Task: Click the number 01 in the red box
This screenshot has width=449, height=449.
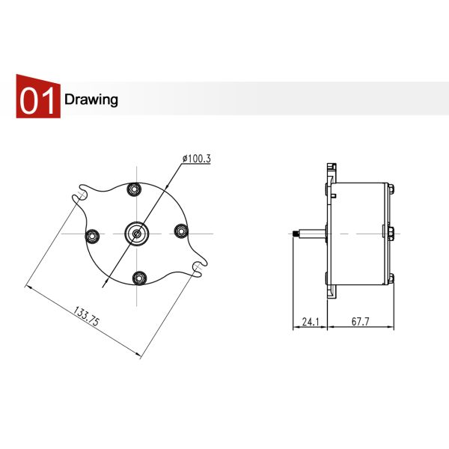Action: pyautogui.click(x=37, y=100)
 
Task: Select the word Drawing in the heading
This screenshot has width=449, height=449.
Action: pyautogui.click(x=91, y=100)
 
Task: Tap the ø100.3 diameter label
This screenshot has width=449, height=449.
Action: pyautogui.click(x=197, y=159)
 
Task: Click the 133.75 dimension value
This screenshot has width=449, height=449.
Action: pyautogui.click(x=86, y=316)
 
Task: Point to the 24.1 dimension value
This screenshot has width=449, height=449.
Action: pyautogui.click(x=310, y=323)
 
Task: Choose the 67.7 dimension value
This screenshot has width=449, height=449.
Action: pyautogui.click(x=361, y=323)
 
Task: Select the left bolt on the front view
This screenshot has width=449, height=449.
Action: pyautogui.click(x=93, y=236)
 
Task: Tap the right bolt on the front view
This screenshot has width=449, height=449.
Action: pyautogui.click(x=181, y=230)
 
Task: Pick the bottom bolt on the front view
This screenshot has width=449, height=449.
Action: pyautogui.click(x=139, y=278)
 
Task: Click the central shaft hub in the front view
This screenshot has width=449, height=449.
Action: pyautogui.click(x=137, y=233)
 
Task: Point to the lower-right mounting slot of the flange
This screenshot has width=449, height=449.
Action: pyautogui.click(x=198, y=266)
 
